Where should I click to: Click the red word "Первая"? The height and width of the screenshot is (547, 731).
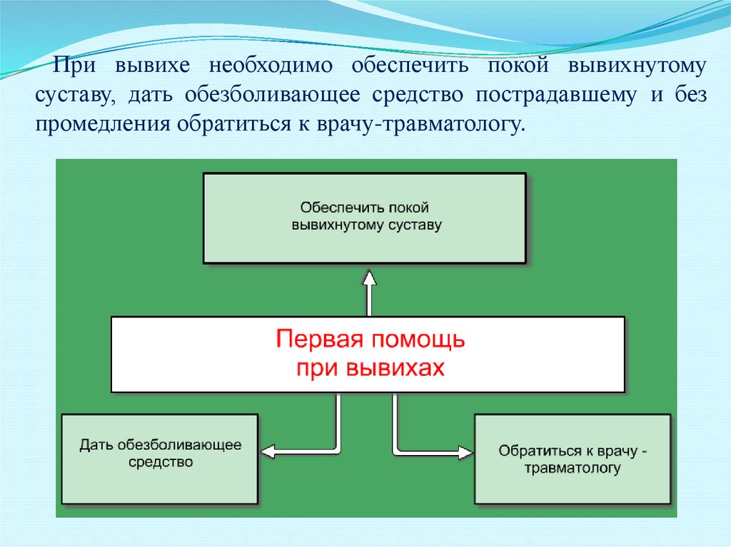(x=315, y=339)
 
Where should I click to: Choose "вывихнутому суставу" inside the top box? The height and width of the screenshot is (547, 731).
(x=367, y=225)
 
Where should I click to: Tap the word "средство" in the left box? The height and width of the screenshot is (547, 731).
(x=161, y=462)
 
